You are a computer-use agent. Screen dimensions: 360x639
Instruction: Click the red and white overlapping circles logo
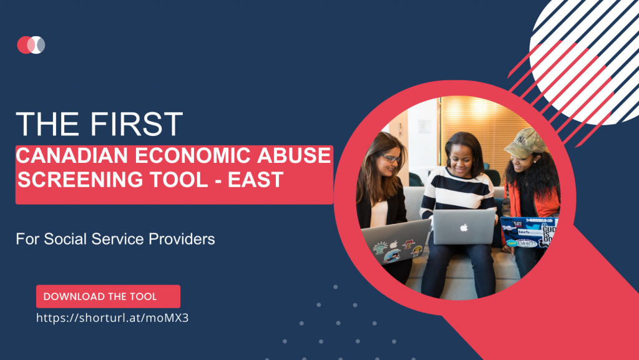(x=31, y=45)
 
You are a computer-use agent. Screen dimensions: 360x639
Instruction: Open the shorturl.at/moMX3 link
(x=112, y=318)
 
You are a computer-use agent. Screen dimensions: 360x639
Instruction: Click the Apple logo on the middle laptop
(x=464, y=227)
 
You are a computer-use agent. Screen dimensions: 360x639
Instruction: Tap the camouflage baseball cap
(x=525, y=143)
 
